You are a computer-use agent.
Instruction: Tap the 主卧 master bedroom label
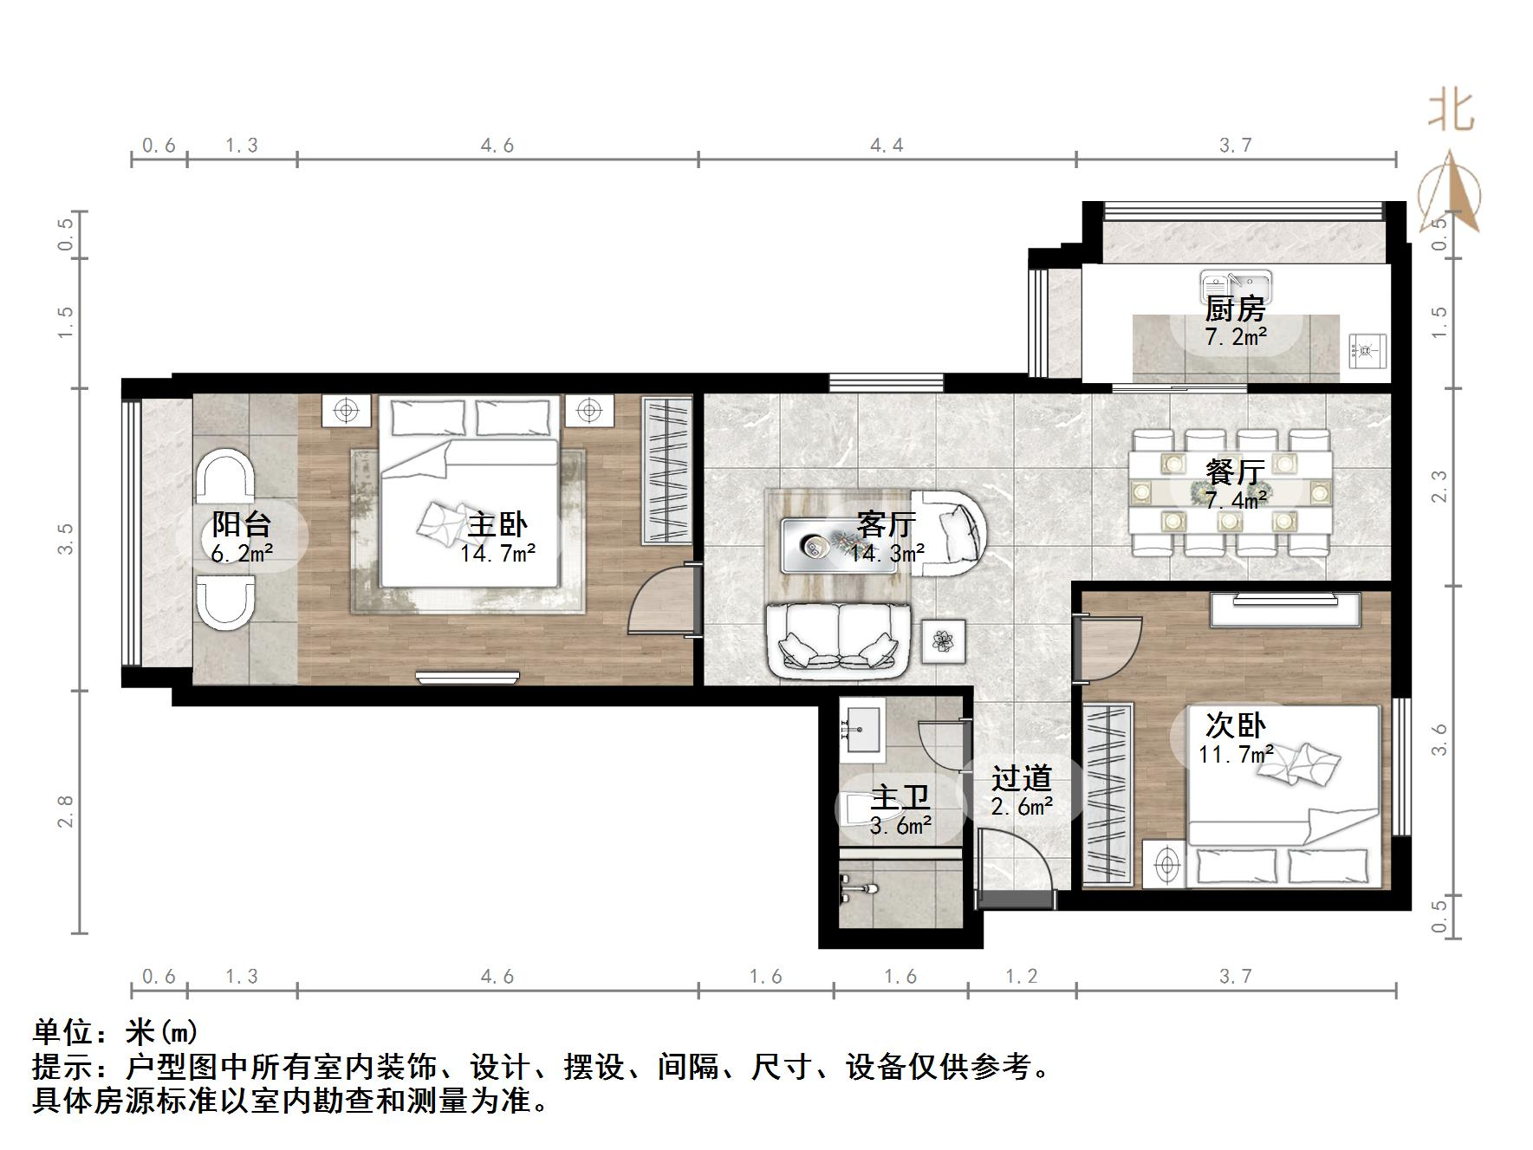pos(497,524)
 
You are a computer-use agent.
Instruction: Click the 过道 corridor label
pos(1022,778)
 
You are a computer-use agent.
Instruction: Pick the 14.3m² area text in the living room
pos(887,553)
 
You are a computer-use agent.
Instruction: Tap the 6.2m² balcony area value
pos(243,553)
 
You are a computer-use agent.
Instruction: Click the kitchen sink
pos(1237,283)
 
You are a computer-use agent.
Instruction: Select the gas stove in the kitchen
pos(1367,351)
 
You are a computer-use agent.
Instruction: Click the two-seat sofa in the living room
pos(839,640)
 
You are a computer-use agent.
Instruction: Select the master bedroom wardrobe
pos(667,471)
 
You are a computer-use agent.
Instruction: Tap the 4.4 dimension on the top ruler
pos(887,146)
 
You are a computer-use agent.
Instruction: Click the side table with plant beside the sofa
pos(943,641)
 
